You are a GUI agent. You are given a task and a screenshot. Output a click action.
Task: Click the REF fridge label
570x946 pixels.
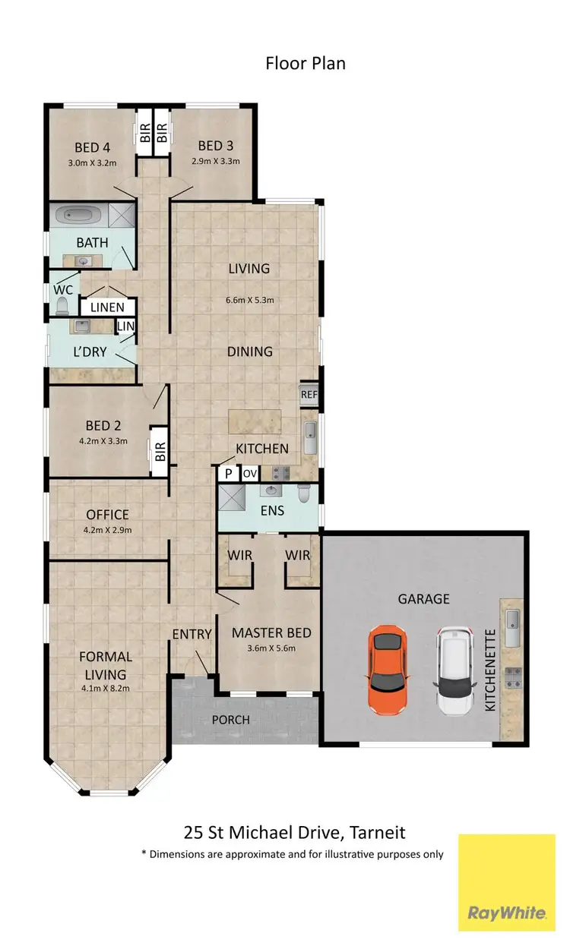click(x=309, y=395)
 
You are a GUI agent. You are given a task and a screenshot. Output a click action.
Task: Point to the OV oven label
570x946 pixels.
click(x=250, y=474)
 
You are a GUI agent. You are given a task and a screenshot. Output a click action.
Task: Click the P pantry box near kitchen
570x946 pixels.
click(x=227, y=474)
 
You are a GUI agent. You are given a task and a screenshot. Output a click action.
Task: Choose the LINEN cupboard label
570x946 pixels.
click(x=108, y=307)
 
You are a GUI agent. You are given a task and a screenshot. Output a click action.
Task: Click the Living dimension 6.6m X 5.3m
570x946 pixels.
click(x=249, y=300)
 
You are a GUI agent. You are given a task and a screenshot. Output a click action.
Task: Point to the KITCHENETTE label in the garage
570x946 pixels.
click(x=489, y=670)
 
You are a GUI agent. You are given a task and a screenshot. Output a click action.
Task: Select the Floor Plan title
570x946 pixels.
click(x=305, y=63)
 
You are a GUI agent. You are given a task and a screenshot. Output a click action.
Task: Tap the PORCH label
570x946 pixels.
click(x=230, y=719)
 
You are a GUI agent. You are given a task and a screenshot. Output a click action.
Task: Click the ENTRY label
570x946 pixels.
click(x=192, y=634)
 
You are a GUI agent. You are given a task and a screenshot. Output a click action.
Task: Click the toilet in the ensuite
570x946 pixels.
click(x=305, y=495)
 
